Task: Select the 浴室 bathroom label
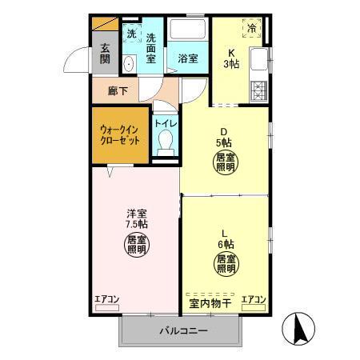187,58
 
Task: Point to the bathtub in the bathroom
187,34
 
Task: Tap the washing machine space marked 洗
132,35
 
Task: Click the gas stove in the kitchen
258,90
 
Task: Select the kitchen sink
258,59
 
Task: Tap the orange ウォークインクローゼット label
120,134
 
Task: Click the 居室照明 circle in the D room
225,164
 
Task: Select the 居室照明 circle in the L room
225,264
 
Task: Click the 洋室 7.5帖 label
136,218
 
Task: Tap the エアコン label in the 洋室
107,300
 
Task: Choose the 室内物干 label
210,302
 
